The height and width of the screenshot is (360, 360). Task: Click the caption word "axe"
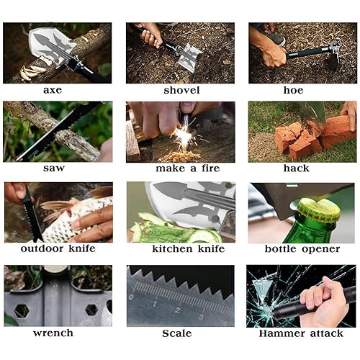53,90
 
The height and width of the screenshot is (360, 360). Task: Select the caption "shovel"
181,90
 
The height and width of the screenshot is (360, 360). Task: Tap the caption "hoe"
293,90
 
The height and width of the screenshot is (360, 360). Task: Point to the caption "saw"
54,168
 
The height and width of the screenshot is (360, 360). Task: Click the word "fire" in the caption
210,168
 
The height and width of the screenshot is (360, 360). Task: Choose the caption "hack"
297,168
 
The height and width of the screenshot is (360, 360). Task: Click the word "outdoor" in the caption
42,248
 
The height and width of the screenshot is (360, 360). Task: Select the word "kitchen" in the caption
172,248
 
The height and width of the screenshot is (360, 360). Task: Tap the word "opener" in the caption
321,249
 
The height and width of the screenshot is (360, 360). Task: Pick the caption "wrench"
53,333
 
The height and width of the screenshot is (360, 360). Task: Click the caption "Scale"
177,333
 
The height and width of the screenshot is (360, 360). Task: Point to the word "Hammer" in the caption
282,333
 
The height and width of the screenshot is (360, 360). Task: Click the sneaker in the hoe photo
275,38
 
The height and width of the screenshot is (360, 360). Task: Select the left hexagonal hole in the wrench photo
22,311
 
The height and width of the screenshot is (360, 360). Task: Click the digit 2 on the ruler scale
178,310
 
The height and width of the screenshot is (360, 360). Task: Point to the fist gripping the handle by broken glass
323,301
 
